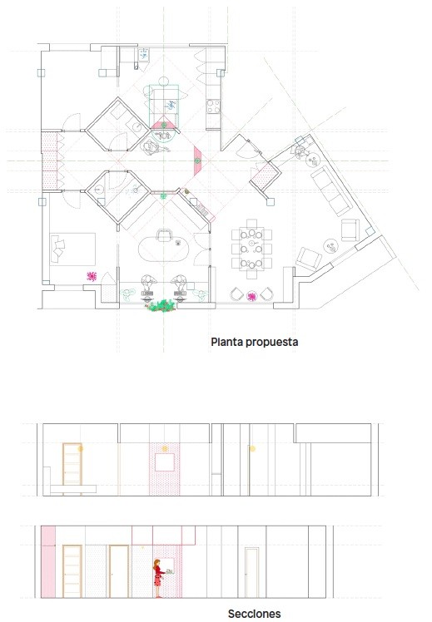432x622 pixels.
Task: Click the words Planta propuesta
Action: click(255, 343)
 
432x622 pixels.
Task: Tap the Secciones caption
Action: click(255, 614)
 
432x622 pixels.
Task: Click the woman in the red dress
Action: click(158, 579)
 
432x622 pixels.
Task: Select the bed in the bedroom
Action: click(72, 249)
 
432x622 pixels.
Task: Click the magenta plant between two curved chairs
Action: click(251, 296)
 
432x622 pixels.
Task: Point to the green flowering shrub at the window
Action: click(161, 306)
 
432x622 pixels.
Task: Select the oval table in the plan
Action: click(163, 249)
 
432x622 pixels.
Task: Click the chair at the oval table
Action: click(164, 235)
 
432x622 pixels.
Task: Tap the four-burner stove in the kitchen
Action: click(213, 106)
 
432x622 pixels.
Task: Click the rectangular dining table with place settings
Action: click(251, 249)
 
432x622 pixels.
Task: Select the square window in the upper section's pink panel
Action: click(165, 462)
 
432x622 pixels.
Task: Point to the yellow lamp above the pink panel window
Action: click(164, 449)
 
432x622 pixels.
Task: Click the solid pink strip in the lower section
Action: click(47, 561)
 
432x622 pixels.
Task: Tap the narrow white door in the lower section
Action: click(251, 572)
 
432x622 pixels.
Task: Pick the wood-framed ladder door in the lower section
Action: click(72, 571)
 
